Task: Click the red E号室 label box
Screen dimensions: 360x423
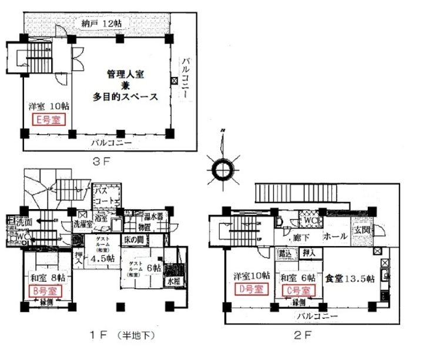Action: click(48, 120)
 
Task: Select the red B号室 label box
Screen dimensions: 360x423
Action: click(43, 291)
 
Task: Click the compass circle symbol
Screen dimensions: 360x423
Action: click(223, 169)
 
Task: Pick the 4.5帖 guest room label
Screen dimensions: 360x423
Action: click(102, 257)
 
